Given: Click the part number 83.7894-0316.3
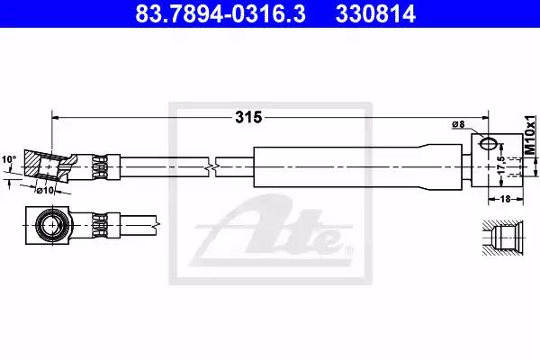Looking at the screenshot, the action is tap(220, 13).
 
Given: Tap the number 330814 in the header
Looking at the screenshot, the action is tap(375, 13).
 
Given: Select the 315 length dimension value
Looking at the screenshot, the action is tap(248, 118).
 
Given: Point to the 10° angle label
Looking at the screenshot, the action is tap(9, 160).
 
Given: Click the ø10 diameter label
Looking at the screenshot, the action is tap(46, 190).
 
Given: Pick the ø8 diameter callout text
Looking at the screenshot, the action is tap(458, 124).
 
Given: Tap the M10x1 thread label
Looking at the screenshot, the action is tap(530, 135).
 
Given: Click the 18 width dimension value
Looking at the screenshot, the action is tap(505, 199).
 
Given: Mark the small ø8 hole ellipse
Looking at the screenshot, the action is tap(489, 144).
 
